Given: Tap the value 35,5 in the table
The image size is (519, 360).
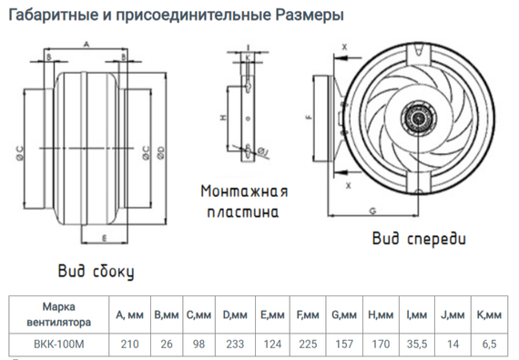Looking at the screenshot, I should coord(414,344).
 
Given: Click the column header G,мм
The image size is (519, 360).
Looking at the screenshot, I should coord(343,314).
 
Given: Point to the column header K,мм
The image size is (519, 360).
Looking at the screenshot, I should coord(489,314).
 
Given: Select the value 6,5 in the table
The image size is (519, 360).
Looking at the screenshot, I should coord(489,344).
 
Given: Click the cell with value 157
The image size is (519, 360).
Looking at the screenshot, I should coord(343,344).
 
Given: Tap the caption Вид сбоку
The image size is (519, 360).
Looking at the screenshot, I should coord(96,271).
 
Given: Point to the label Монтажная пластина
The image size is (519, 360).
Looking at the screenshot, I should coord(245,201).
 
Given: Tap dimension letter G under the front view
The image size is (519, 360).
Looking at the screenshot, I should coord(372,210).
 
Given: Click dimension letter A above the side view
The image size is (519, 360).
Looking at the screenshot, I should coord(84,44).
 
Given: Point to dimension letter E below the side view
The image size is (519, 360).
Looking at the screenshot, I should coord(106,238).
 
